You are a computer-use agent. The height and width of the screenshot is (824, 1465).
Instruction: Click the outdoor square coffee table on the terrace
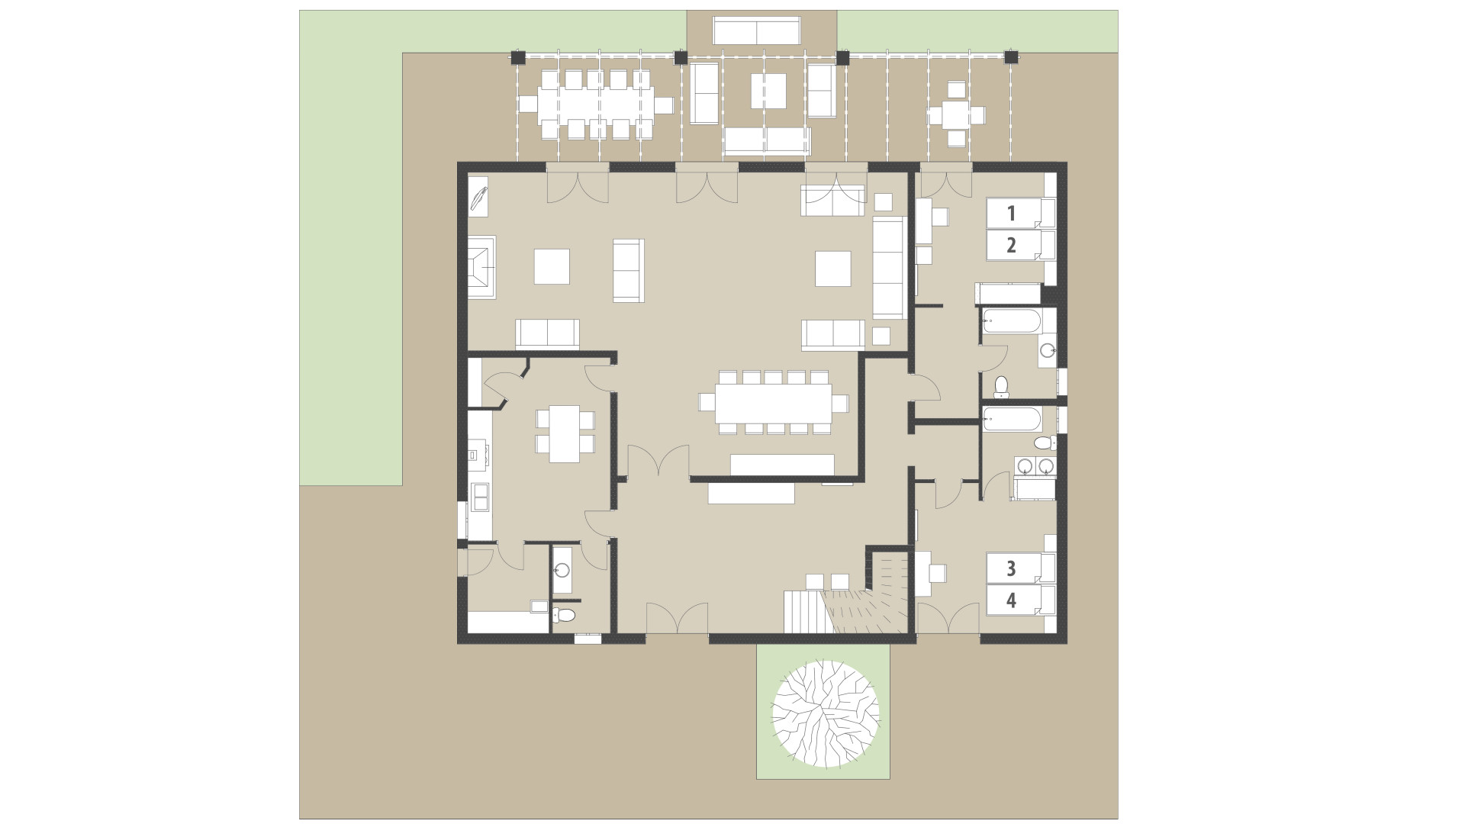click(768, 92)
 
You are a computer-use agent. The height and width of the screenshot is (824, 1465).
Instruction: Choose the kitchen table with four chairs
click(565, 433)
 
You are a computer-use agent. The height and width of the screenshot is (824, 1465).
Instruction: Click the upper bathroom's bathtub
click(1010, 320)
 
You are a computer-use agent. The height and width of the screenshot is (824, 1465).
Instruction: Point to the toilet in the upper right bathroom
click(1002, 387)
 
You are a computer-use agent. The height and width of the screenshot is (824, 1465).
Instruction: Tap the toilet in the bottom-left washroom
click(565, 614)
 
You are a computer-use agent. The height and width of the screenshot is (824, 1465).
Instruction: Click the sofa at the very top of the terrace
click(756, 31)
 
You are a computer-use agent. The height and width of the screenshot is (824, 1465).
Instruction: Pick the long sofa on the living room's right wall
click(888, 267)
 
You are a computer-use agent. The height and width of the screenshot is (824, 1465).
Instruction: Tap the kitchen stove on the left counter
click(478, 456)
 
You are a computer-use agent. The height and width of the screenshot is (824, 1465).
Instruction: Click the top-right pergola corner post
click(1011, 56)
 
